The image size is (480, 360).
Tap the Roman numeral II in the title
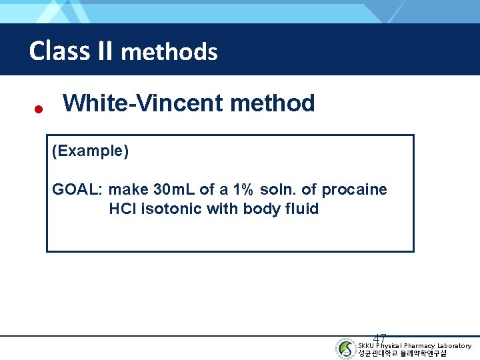103,51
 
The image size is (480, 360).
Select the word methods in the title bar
169,52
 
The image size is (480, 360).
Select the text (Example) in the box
90,151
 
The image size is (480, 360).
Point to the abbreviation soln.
277,190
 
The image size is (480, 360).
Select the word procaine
354,190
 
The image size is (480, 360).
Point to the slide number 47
380,339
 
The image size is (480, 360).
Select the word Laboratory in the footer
454,345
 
